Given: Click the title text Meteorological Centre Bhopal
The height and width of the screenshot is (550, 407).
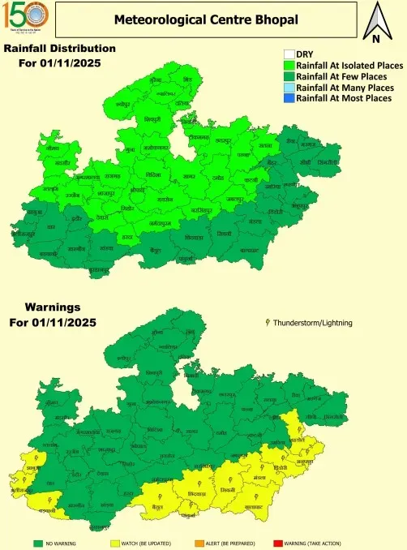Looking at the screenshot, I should click(205, 19).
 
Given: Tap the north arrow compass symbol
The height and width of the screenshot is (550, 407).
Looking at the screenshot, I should click(376, 24).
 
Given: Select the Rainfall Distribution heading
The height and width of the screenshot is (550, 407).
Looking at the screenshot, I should click(59, 49).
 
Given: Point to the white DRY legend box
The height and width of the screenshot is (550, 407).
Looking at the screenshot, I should click(289, 54).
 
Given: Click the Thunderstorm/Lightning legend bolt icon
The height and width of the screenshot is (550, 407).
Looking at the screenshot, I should click(268, 322).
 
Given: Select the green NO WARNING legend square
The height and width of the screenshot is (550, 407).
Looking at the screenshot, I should click(37, 543).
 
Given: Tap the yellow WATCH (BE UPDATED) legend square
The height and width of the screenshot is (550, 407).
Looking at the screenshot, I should click(114, 543).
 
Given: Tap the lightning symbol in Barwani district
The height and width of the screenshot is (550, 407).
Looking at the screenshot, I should click(51, 503).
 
